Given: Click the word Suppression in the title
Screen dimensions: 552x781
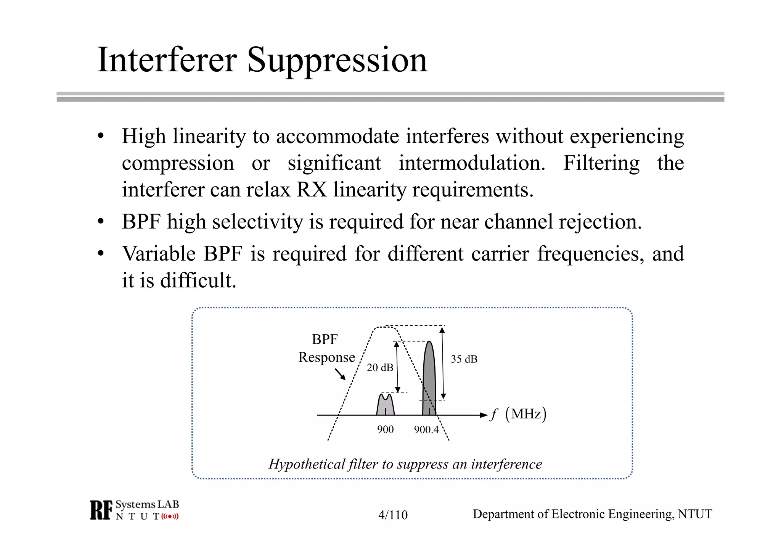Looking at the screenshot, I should click(337, 60).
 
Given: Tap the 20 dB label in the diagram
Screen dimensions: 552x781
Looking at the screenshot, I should click(380, 367).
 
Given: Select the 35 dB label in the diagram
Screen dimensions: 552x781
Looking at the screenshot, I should click(464, 359).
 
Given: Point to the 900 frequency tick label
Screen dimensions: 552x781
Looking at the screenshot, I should click(385, 430).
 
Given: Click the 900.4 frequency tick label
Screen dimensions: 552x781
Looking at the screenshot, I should click(426, 430).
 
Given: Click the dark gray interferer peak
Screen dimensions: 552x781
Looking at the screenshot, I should click(429, 378).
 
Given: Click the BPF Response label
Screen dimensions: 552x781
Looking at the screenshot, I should click(326, 348).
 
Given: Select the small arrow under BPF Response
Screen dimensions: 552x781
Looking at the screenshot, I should click(340, 374).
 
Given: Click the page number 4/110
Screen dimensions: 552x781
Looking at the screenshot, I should click(393, 515).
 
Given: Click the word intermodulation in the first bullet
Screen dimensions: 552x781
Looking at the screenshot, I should click(472, 163).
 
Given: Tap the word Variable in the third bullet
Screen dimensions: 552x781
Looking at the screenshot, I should click(159, 254).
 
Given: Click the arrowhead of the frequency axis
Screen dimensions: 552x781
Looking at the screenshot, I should click(484, 415).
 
